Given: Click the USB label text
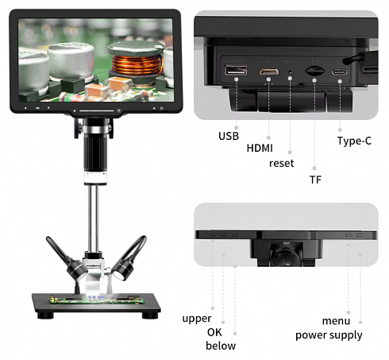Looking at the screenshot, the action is tap(229, 136).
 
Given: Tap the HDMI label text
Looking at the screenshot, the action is tap(260, 148).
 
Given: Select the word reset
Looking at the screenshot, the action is tap(282, 163).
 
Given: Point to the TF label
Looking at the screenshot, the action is tap(315, 180).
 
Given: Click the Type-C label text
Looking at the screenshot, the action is tap(354, 141).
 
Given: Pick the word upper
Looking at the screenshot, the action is tap(197, 319).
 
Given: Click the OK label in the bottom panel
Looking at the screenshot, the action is tap(214, 332).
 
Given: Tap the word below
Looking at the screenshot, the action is tap(221, 346).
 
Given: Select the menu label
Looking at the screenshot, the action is tap(336, 321).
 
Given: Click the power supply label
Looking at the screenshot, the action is tap(329, 335).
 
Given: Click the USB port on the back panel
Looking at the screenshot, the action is tap(236, 70).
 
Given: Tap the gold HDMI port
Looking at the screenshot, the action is tap(268, 72).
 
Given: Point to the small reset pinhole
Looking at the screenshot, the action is tap(290, 72).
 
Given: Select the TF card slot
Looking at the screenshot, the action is tap(315, 71).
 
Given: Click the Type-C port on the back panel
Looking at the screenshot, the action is tap(340, 72).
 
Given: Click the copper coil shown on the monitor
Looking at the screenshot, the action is tap(137, 64).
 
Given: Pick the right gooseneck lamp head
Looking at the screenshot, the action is tap(123, 270).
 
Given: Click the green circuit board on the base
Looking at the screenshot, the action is tap(98, 300).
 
